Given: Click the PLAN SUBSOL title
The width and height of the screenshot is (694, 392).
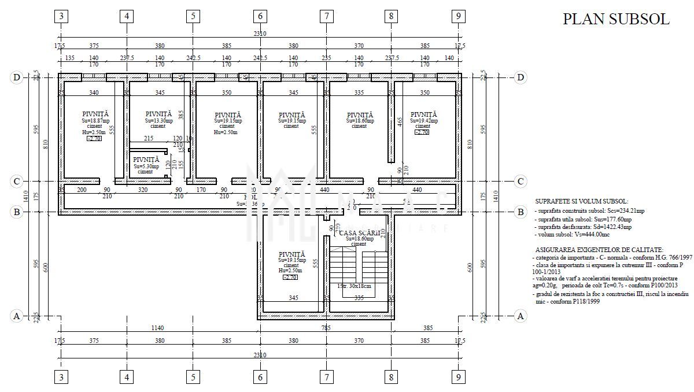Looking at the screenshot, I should click(x=616, y=19).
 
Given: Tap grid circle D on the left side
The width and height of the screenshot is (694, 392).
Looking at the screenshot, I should click(x=17, y=77).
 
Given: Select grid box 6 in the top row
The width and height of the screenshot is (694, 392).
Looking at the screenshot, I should click(x=260, y=16).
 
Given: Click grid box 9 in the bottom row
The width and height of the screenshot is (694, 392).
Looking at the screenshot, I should click(x=458, y=378).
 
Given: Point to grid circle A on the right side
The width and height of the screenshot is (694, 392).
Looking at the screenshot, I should click(x=520, y=316).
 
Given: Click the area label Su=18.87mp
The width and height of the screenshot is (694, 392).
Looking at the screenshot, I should click(x=95, y=120).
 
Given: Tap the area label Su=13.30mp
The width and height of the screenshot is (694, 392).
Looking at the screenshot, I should click(x=159, y=120).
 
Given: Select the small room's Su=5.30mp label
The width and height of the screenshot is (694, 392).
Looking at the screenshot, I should click(x=146, y=166).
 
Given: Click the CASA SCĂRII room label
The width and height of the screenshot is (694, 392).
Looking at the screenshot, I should click(x=359, y=232).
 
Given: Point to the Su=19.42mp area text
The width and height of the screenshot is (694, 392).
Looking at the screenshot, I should click(x=423, y=120).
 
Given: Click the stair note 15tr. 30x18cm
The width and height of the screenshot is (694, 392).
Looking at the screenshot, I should click(x=354, y=286).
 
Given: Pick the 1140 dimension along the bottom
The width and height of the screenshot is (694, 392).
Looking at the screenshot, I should click(x=157, y=328).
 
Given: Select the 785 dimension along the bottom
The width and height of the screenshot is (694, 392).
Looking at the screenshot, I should click(x=326, y=328).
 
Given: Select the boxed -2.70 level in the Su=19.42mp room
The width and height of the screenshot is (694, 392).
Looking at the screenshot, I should click(x=423, y=132).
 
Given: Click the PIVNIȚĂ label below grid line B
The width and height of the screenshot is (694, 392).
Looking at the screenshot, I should click(x=291, y=254).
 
